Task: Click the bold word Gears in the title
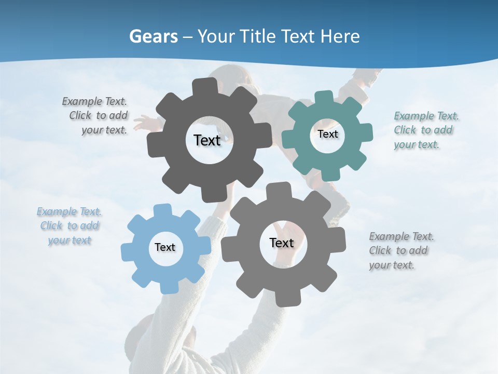tap(154, 36)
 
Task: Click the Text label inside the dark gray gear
tap(207, 140)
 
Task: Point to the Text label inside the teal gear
tap(327, 134)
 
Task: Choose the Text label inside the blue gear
tap(165, 247)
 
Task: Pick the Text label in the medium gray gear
tap(281, 243)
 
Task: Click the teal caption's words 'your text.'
tap(416, 145)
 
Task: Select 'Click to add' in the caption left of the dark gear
tap(99, 115)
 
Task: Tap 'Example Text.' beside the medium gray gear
tap(402, 236)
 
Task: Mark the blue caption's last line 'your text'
tap(70, 241)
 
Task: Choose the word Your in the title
tap(216, 36)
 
